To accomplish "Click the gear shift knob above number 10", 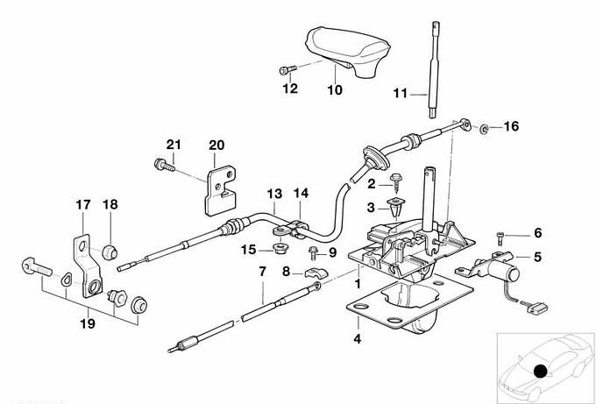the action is (348, 52).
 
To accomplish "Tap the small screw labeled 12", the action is (287, 70).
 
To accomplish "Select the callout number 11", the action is (400, 93).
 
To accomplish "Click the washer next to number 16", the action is (484, 129).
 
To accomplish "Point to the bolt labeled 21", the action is (165, 165).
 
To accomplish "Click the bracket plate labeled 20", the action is (221, 191).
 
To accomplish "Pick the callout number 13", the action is (274, 194).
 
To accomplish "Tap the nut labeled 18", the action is (110, 252).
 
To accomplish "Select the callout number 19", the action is (88, 323).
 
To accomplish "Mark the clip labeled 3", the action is (396, 205).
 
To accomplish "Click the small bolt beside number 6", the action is (500, 238).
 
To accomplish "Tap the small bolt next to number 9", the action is (314, 252).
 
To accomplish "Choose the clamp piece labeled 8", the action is (316, 273).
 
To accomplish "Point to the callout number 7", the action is (263, 272).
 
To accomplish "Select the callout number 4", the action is (358, 338).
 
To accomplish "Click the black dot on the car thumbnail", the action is (540, 372).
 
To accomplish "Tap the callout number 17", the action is (83, 204).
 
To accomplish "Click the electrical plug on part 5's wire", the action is (537, 307).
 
